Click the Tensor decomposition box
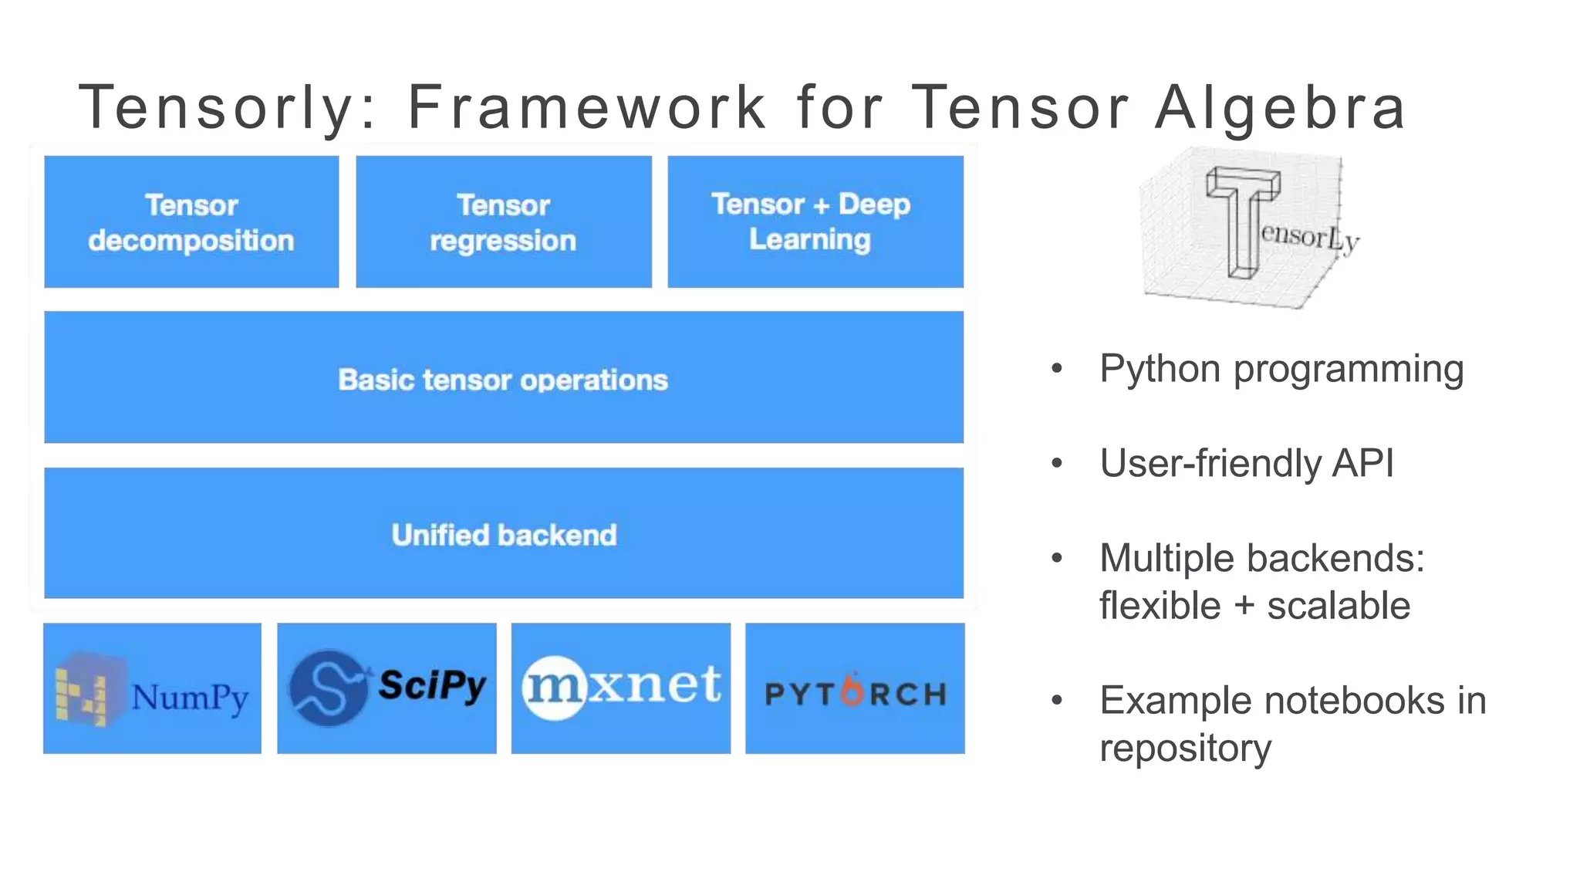click(x=191, y=222)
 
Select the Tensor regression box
click(x=503, y=222)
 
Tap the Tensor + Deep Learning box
click(x=815, y=222)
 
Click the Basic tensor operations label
click(x=503, y=380)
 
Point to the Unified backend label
click(x=503, y=535)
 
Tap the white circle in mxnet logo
click(x=555, y=688)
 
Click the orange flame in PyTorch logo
click(x=852, y=690)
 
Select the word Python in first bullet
click(x=1161, y=369)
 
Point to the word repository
click(x=1185, y=748)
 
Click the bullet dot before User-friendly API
click(x=1057, y=464)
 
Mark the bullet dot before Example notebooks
click(x=1057, y=701)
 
